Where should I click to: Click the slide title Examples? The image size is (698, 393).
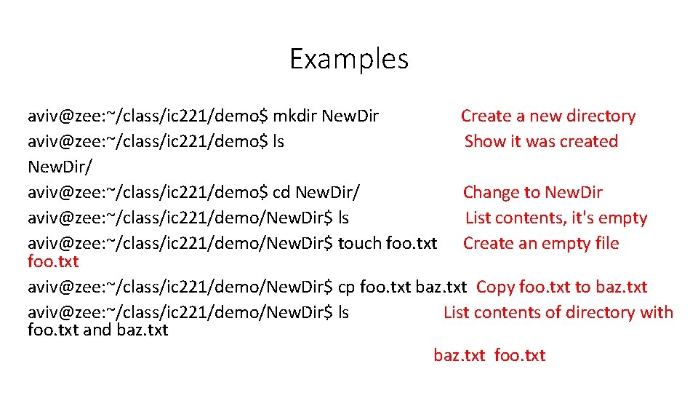point(349,59)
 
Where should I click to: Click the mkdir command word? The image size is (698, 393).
point(294,116)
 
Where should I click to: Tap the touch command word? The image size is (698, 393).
point(360,243)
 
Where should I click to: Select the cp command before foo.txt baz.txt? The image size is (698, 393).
point(347,287)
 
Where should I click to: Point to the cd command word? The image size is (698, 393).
point(281,192)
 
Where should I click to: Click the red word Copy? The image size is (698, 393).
point(496,287)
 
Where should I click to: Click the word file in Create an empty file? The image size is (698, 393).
point(604,243)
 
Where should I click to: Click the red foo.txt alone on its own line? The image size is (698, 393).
point(53,261)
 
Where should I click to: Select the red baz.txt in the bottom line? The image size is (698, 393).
point(459,355)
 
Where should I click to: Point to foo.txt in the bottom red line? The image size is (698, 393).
point(520,355)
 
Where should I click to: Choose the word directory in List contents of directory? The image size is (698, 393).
point(600,312)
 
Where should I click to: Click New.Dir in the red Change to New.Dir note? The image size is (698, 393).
point(574,192)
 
